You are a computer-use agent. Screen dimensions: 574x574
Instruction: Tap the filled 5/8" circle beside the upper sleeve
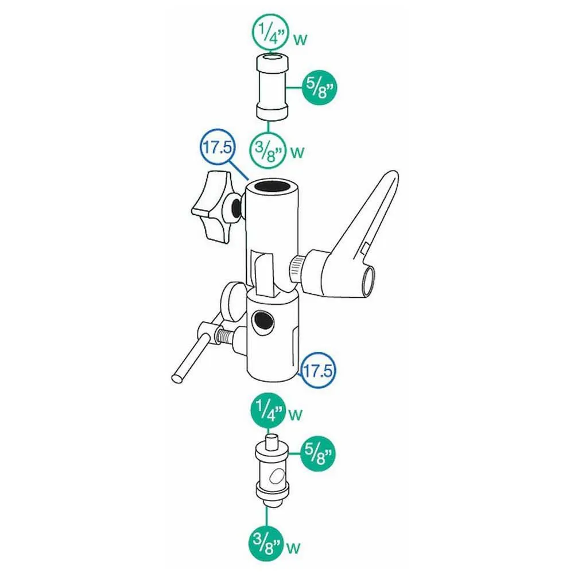[319, 88]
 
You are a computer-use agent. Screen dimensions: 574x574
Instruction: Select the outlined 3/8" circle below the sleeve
[267, 150]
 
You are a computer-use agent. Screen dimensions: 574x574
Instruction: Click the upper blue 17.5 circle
[218, 147]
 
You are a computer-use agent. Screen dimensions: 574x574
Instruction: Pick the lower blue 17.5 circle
[317, 370]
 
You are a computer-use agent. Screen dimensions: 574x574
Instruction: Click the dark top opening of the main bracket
[272, 187]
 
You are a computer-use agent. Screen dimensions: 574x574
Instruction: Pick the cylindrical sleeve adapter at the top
[272, 87]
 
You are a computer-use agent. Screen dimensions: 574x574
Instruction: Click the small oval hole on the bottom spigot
[277, 476]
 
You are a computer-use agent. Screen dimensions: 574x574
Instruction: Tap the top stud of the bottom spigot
[272, 441]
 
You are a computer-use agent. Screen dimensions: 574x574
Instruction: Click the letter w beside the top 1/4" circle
[300, 39]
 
